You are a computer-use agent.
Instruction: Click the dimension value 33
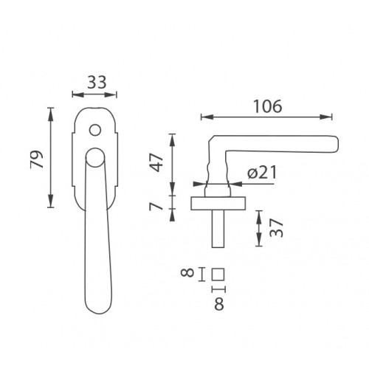97,82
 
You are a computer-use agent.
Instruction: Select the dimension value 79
36,159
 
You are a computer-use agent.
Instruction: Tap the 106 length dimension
267,106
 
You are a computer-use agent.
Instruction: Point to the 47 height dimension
157,162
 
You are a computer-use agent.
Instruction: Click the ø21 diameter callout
262,172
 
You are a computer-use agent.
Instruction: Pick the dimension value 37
276,227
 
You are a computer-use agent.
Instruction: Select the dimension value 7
156,204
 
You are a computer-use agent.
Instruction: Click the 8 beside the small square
187,273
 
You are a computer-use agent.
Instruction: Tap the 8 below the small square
219,304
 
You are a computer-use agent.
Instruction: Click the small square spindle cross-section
218,274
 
